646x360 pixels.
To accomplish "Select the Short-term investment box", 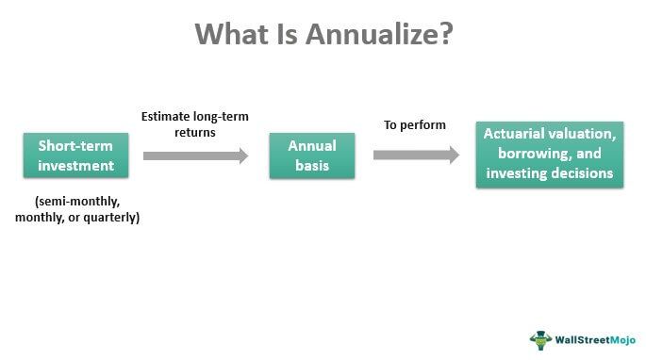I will (75, 155).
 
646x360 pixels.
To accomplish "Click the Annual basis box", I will (312, 155).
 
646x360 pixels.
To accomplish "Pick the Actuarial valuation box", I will (549, 155).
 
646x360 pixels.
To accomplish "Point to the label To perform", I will (414, 124).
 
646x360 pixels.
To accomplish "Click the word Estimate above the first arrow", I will (166, 117).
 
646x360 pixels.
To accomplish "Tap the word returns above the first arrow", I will (193, 133).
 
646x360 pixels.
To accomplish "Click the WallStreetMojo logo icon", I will (540, 340).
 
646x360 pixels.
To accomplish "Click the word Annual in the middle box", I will (312, 146).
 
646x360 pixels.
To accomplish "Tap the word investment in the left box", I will (75, 166).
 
